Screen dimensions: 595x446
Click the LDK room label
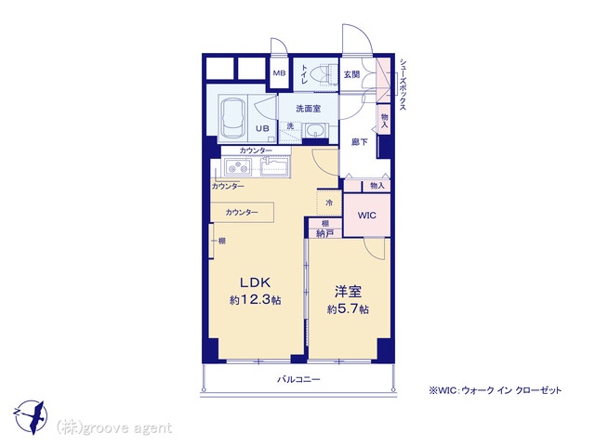pyautogui.click(x=255, y=282)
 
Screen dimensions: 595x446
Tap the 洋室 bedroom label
pyautogui.click(x=348, y=292)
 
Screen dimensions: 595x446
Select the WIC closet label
pyautogui.click(x=366, y=216)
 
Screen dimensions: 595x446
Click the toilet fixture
pyautogui.click(x=326, y=74)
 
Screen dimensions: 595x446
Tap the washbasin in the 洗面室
pyautogui.click(x=315, y=131)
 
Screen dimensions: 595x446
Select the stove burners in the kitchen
pyautogui.click(x=238, y=166)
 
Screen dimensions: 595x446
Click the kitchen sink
pyautogui.click(x=274, y=166)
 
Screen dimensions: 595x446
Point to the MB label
pyautogui.click(x=279, y=73)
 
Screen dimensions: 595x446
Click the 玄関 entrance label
pyautogui.click(x=351, y=74)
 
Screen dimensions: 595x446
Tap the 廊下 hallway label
pyautogui.click(x=360, y=142)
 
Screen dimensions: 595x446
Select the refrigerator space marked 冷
pyautogui.click(x=329, y=203)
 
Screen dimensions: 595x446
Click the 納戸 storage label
pyautogui.click(x=324, y=233)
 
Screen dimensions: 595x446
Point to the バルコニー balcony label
pyautogui.click(x=298, y=379)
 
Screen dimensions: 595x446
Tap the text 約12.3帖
pyautogui.click(x=255, y=300)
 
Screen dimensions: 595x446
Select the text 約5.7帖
pyautogui.click(x=348, y=309)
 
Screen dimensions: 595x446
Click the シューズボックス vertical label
pyautogui.click(x=403, y=85)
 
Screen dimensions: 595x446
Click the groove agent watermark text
pyautogui.click(x=113, y=427)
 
